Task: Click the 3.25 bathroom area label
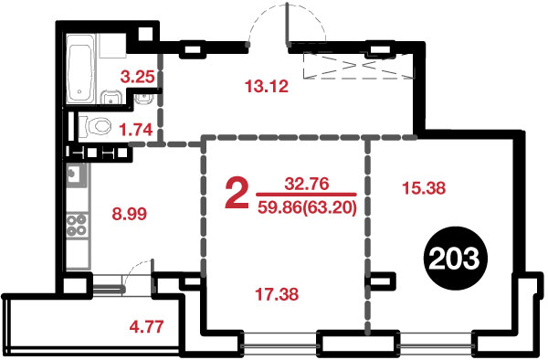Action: (137, 77)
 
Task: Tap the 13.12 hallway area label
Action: (267, 86)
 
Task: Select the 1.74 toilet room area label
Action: (136, 130)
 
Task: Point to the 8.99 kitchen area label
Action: (130, 214)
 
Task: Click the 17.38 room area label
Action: (277, 294)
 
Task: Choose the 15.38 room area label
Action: (424, 188)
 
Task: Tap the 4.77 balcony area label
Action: (146, 327)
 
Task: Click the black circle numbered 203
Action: (454, 259)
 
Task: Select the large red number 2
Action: (237, 194)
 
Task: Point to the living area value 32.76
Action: (307, 184)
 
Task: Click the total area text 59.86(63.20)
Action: (307, 208)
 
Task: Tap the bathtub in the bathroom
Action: (81, 69)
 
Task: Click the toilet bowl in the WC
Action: (95, 126)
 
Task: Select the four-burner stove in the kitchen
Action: (77, 226)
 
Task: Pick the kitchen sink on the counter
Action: (76, 175)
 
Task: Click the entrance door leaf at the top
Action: (288, 25)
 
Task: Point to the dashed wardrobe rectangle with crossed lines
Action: (358, 65)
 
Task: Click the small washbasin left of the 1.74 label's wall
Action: (143, 99)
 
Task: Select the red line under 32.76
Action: (307, 195)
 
